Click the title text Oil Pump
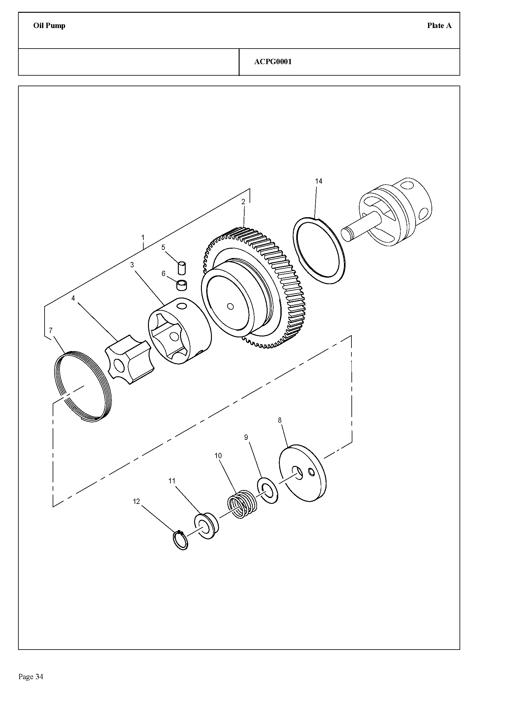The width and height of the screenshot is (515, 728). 49,26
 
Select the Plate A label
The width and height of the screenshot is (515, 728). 439,26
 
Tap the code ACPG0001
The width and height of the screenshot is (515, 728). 273,62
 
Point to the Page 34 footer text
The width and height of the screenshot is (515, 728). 31,677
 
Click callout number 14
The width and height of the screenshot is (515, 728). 319,181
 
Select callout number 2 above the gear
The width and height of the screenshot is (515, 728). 243,202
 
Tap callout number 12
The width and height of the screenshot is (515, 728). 136,501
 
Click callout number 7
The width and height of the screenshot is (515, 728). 51,331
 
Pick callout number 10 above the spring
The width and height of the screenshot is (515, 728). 218,456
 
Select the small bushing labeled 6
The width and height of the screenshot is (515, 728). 182,285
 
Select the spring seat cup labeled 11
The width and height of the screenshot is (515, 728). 206,526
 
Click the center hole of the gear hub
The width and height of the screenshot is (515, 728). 231,307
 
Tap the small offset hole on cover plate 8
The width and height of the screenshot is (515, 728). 312,473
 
